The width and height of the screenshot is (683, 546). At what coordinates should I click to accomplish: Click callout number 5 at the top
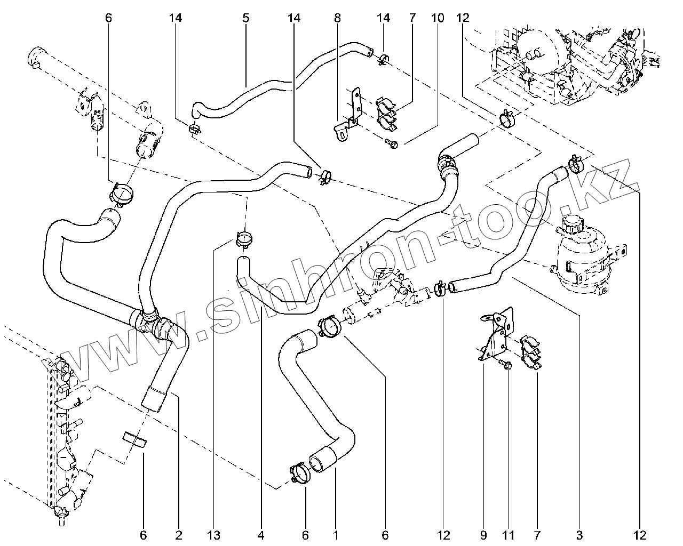(246, 18)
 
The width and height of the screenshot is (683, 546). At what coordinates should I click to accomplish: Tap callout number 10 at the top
(437, 18)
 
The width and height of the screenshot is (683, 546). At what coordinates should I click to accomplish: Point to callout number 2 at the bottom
(179, 534)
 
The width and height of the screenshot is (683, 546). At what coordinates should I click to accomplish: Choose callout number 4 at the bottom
(261, 534)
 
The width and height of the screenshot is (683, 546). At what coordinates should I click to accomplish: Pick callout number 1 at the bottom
(336, 534)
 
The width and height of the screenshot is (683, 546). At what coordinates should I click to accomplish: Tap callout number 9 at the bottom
(484, 534)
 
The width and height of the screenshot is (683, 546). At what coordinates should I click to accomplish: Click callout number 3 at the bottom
(579, 534)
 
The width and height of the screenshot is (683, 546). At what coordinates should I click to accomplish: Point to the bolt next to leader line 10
(391, 142)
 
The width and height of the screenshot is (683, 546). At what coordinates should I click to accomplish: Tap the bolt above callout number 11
(506, 365)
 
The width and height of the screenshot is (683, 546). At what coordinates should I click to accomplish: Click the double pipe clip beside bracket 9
(531, 352)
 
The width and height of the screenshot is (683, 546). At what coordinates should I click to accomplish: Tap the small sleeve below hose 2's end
(134, 440)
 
